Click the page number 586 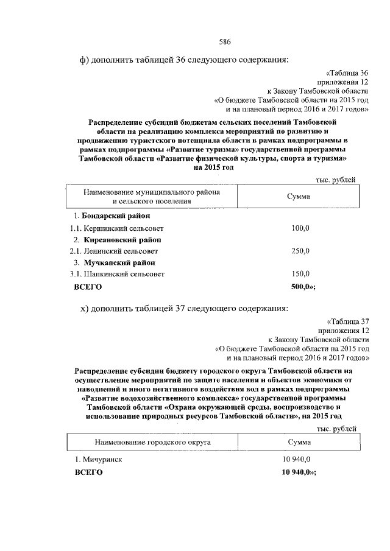tap(225, 41)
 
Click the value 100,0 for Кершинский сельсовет tap(300, 228)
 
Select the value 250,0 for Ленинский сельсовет tap(300, 251)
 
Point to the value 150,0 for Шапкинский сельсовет tap(300, 274)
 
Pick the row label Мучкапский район tap(114, 262)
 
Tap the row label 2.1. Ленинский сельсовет tap(114, 251)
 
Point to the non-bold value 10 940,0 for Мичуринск tap(296, 460)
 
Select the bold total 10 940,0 tap(298, 472)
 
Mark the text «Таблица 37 tap(349, 320)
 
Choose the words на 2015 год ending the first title tap(213, 167)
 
